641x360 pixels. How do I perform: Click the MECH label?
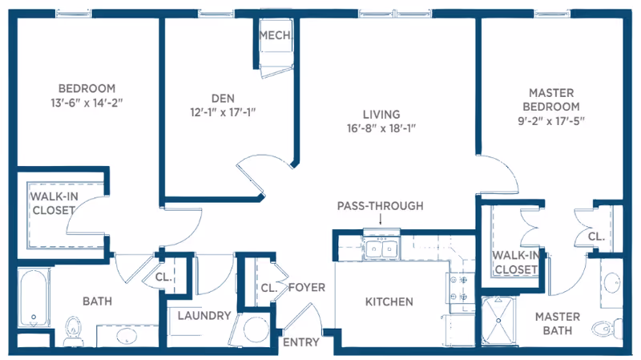[x=275, y=34]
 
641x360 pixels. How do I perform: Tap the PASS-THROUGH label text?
[x=380, y=206]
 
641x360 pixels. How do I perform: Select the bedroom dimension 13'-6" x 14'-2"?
[x=87, y=102]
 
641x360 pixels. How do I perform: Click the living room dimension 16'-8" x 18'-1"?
[x=380, y=127]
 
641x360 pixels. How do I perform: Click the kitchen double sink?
[x=381, y=249]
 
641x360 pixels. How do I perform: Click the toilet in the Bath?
[x=74, y=329]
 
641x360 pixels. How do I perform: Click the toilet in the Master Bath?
[x=603, y=328]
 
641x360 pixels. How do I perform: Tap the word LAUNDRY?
[x=204, y=316]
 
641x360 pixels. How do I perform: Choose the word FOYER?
[x=306, y=287]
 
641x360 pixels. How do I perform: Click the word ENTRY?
[x=301, y=342]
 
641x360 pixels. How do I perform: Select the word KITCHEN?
[x=389, y=302]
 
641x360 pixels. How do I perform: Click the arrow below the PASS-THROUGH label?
[x=380, y=219]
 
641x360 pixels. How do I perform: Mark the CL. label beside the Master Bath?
[x=595, y=237]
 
